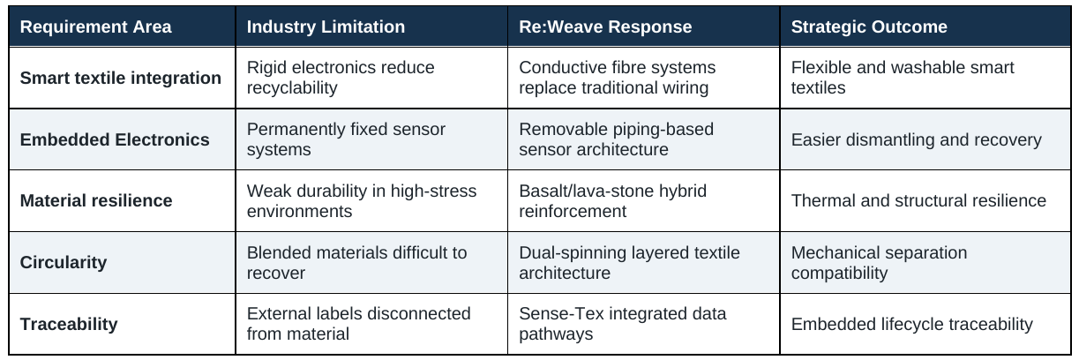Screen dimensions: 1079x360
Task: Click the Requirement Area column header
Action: [x=95, y=27]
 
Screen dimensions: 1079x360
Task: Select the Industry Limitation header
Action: [x=326, y=27]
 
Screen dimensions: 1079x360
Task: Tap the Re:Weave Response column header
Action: [x=605, y=27]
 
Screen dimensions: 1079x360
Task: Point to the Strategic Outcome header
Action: [x=869, y=27]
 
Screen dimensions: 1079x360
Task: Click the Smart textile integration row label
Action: [x=120, y=78]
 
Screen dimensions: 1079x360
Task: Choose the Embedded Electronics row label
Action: [x=115, y=139]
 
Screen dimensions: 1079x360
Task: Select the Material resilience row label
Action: [x=96, y=200]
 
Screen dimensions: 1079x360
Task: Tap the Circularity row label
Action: [x=64, y=262]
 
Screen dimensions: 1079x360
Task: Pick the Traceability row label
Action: [x=69, y=324]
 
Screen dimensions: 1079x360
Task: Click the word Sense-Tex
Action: [x=561, y=314]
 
